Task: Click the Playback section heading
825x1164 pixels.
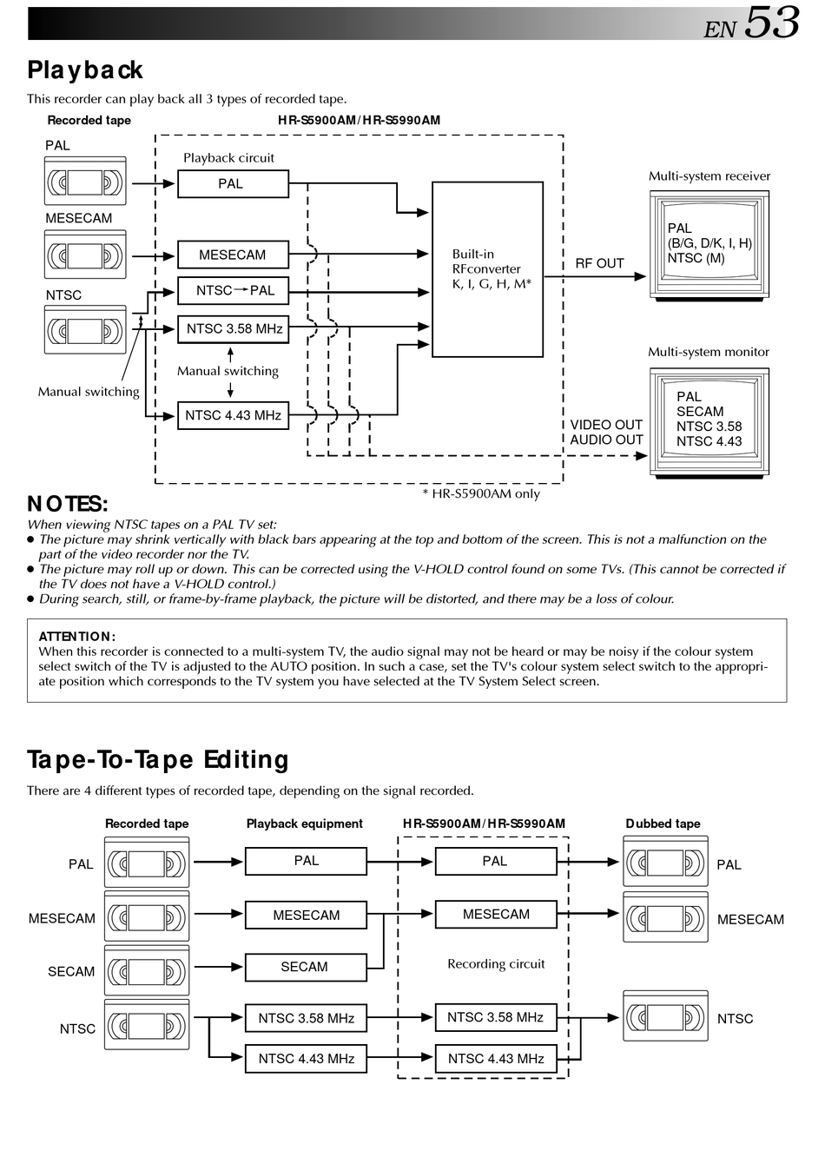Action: coord(84,69)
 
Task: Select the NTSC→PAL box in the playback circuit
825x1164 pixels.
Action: coord(233,291)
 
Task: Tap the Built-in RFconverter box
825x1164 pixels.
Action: coord(487,269)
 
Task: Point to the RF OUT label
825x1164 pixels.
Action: coord(599,263)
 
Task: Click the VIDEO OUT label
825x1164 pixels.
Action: coord(606,425)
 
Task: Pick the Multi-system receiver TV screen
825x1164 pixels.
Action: coord(709,244)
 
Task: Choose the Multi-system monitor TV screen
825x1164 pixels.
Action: coord(709,420)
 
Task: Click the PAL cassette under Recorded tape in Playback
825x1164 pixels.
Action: coord(84,182)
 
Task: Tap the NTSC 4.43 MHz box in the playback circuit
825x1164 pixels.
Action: coord(233,415)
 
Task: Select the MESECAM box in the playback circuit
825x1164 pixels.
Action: coord(233,255)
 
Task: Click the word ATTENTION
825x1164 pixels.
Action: coord(76,637)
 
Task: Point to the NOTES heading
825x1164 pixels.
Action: coord(68,504)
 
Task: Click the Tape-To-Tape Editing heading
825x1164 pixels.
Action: coord(157,760)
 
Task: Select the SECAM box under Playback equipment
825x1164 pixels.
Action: coord(305,967)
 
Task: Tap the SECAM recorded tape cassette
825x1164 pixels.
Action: coord(146,971)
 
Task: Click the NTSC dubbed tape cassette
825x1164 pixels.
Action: coord(665,1016)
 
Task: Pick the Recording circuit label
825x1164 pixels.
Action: coord(496,963)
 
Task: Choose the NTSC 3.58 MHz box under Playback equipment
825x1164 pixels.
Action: coord(306,1018)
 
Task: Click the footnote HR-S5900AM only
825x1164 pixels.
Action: coord(481,493)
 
